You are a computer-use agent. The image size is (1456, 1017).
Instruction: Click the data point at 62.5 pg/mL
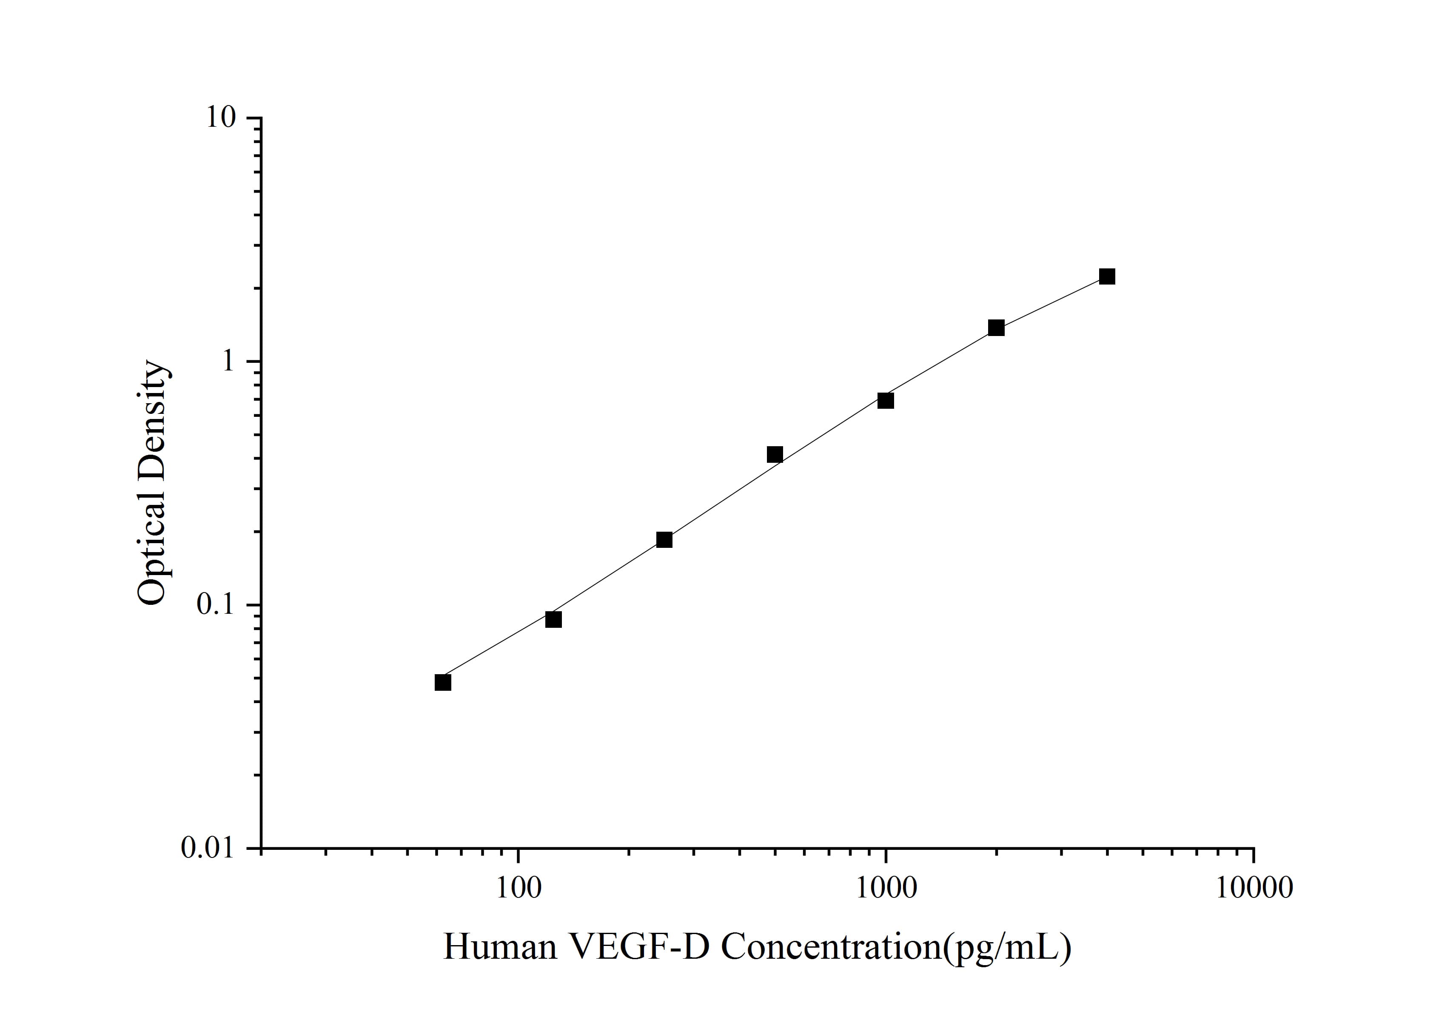pyautogui.click(x=443, y=682)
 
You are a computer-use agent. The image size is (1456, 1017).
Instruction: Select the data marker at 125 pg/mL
pyautogui.click(x=553, y=619)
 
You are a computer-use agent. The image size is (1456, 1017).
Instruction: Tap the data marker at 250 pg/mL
pyautogui.click(x=664, y=540)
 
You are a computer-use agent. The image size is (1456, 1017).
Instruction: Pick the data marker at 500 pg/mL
pyautogui.click(x=774, y=454)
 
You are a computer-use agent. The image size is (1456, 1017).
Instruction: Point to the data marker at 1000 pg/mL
pyautogui.click(x=885, y=400)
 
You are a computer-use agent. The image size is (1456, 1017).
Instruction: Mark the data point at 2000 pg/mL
pyautogui.click(x=996, y=328)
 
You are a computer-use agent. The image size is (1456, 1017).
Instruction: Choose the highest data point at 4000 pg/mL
pyautogui.click(x=1107, y=276)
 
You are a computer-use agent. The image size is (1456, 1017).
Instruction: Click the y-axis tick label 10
pyautogui.click(x=220, y=118)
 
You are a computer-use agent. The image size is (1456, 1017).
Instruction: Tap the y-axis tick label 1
pyautogui.click(x=227, y=362)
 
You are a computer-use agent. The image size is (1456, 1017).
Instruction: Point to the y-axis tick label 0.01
pyautogui.click(x=208, y=848)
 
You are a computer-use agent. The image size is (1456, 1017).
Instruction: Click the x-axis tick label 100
pyautogui.click(x=519, y=888)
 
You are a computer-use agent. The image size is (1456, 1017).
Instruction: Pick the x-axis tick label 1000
pyautogui.click(x=886, y=888)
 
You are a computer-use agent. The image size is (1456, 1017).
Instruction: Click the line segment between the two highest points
pyautogui.click(x=1051, y=302)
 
